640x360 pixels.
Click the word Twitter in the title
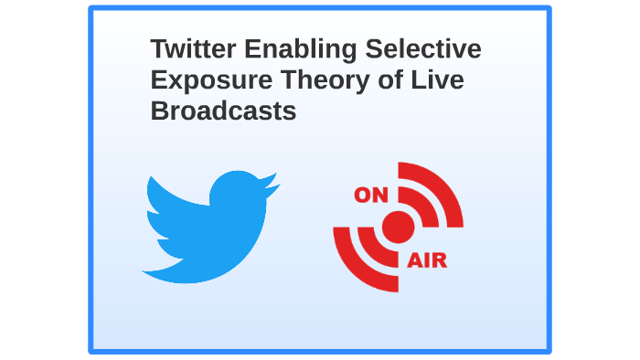pos(187,49)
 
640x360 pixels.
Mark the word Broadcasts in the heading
pos(223,111)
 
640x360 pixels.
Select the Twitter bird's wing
pos(169,206)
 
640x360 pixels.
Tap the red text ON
pos(371,194)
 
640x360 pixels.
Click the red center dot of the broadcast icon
pos(398,227)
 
